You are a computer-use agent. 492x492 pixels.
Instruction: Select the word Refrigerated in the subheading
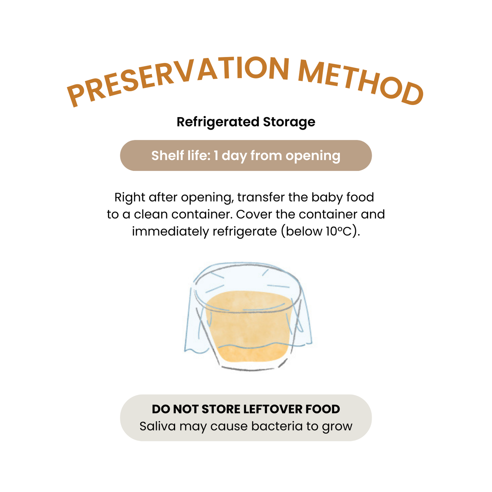point(218,122)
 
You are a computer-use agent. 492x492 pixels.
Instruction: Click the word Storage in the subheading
point(289,122)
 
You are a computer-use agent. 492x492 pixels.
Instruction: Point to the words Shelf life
point(180,156)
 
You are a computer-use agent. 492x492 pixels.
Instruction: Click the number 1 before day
point(216,156)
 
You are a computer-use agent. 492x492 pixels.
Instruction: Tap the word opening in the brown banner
point(313,156)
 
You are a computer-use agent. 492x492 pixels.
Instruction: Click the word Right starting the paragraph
point(130,197)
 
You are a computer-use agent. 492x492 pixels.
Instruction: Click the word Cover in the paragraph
point(254,214)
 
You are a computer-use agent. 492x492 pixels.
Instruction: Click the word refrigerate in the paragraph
point(244,232)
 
